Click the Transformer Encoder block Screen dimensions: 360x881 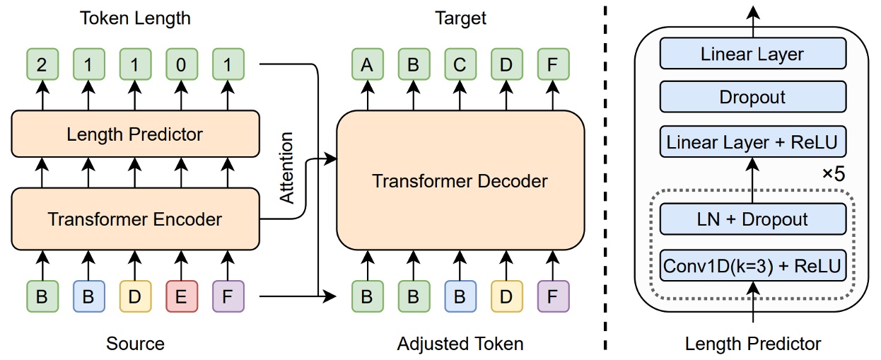tap(134, 219)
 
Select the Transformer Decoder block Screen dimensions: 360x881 tap(460, 181)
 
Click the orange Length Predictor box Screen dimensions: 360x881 tap(134, 134)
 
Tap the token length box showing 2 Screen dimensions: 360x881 tap(42, 64)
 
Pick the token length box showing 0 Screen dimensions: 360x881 tap(180, 64)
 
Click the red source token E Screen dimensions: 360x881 tap(180, 296)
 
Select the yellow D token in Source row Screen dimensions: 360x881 tap(134, 296)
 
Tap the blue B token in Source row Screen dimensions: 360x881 tap(88, 296)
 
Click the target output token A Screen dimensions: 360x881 tap(367, 64)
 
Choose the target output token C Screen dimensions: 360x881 tap(460, 64)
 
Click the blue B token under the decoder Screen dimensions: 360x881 tap(460, 296)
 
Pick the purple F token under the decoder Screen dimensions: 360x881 tap(552, 296)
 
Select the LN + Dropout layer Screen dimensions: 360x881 tap(753, 219)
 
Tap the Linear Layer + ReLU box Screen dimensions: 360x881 tap(753, 142)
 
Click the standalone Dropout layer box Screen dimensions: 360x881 tap(753, 97)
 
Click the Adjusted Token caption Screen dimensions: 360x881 tap(460, 344)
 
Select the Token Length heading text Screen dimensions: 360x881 tap(134, 17)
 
